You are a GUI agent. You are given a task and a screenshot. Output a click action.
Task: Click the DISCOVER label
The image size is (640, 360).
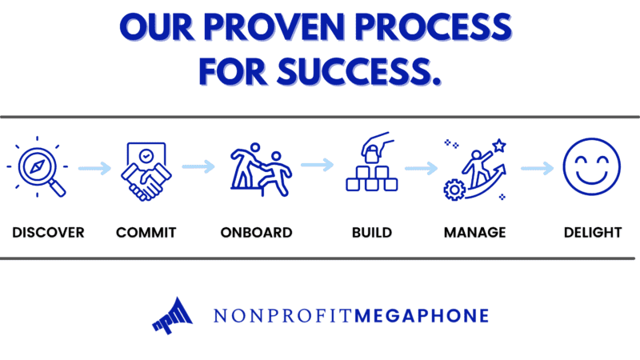tap(48, 233)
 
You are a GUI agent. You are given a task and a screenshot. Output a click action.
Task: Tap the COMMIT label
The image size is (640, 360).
tap(146, 233)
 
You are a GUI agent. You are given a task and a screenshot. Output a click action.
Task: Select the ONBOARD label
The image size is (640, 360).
tap(256, 233)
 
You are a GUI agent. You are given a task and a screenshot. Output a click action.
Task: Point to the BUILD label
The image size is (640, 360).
tap(372, 233)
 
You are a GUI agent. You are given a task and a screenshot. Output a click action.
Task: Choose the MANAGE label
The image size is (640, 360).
tap(474, 233)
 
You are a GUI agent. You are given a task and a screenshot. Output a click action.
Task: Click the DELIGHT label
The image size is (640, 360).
tap(593, 233)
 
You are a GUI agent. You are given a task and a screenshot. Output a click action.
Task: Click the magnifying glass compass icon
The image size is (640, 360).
tap(38, 167)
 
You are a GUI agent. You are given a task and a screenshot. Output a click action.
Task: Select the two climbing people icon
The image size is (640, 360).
tap(261, 170)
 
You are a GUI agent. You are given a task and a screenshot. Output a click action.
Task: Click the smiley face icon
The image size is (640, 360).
tap(592, 166)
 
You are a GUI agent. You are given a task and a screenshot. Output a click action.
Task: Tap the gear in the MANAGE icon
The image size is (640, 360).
tap(454, 190)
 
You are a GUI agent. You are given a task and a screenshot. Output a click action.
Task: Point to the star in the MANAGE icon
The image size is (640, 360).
tap(499, 146)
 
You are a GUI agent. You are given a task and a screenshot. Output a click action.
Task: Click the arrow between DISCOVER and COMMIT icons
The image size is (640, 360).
tap(94, 168)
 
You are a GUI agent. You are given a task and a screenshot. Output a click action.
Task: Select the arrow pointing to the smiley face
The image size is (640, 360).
tap(537, 168)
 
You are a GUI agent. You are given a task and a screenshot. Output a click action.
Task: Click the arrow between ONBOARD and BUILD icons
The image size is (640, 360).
tap(317, 165)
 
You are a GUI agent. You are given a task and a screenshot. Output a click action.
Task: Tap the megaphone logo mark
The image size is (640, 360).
tap(172, 315)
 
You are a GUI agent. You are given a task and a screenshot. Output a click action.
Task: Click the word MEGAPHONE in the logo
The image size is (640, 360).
tap(422, 316)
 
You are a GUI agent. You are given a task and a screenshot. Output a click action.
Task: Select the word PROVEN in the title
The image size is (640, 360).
tap(274, 27)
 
